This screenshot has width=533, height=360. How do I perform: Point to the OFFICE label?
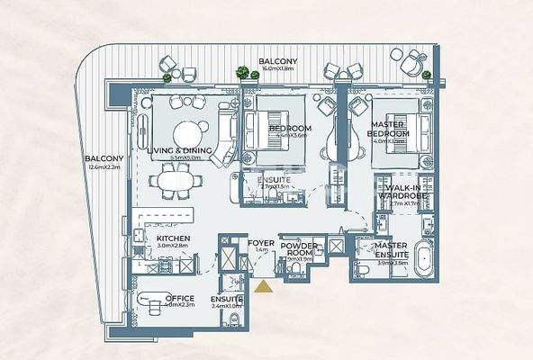(178, 298)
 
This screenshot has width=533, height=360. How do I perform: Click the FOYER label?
(261, 242)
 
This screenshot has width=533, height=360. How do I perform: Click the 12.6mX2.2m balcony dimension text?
(104, 166)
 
